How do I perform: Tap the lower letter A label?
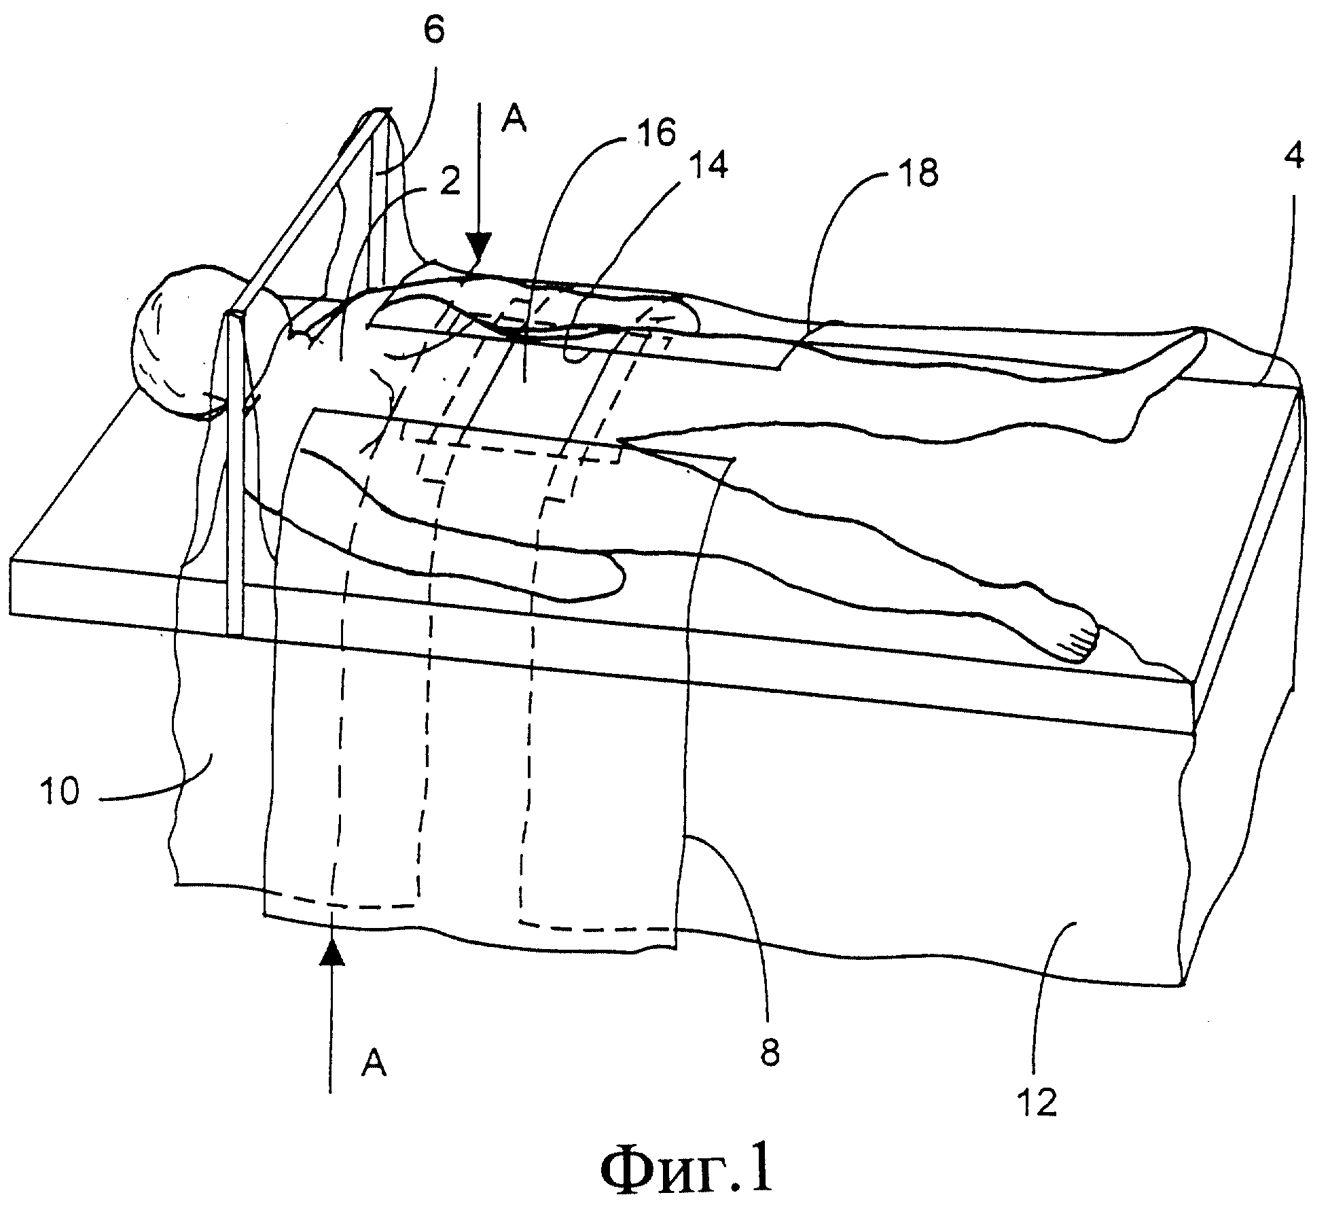pyautogui.click(x=374, y=1063)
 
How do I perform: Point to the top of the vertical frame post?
pyautogui.click(x=234, y=317)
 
